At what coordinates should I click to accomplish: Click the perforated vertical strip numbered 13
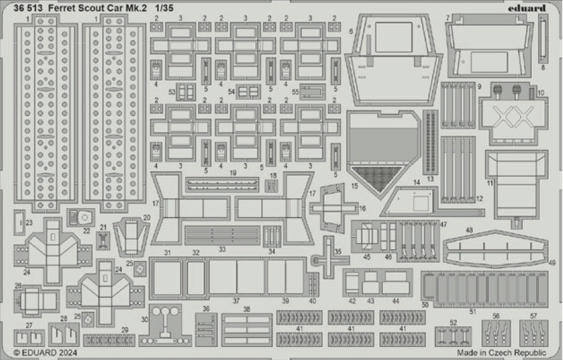(x=429, y=143)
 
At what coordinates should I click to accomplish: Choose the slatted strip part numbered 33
(x=222, y=235)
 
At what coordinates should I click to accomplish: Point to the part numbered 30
(x=165, y=324)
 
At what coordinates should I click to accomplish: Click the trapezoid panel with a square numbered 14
(x=419, y=201)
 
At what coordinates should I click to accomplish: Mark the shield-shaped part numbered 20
(x=130, y=236)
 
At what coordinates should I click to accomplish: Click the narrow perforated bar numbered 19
(x=222, y=184)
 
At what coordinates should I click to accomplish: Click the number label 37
(x=236, y=300)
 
